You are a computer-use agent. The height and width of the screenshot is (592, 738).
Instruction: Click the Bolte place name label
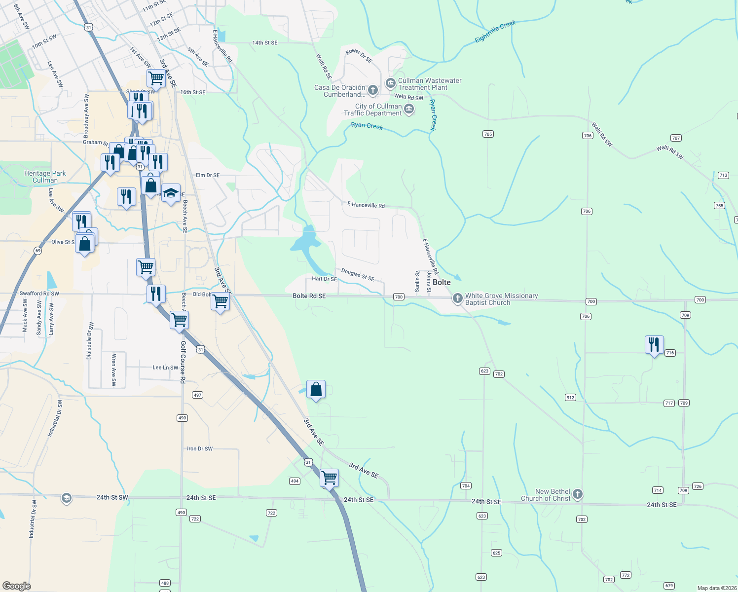(442, 283)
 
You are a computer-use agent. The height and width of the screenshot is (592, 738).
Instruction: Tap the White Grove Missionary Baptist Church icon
(458, 298)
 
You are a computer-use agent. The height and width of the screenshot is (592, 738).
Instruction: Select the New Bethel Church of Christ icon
(578, 494)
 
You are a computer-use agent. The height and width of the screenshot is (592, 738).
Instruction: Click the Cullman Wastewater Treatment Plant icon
(390, 82)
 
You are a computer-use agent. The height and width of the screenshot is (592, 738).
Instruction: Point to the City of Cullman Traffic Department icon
(408, 109)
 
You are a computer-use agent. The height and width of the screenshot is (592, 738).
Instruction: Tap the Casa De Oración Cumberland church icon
(373, 90)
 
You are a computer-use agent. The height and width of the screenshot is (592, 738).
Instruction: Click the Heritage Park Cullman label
(45, 177)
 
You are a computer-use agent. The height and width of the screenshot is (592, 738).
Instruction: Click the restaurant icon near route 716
(654, 344)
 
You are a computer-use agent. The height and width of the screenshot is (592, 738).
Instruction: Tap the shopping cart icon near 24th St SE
(329, 477)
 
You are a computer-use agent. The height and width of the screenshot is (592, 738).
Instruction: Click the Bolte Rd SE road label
(309, 296)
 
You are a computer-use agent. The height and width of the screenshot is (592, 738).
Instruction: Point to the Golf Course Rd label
(183, 362)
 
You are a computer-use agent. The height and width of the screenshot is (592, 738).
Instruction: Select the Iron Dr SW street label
(200, 449)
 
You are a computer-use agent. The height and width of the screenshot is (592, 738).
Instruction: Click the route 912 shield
(570, 397)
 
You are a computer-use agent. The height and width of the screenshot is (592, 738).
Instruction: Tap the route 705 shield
(488, 134)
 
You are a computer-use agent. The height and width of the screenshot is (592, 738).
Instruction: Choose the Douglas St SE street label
(358, 275)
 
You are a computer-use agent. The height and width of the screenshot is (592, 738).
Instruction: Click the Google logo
(17, 586)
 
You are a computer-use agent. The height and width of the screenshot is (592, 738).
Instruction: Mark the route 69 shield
(38, 251)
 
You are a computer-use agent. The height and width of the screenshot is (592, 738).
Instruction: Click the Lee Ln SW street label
(165, 368)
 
